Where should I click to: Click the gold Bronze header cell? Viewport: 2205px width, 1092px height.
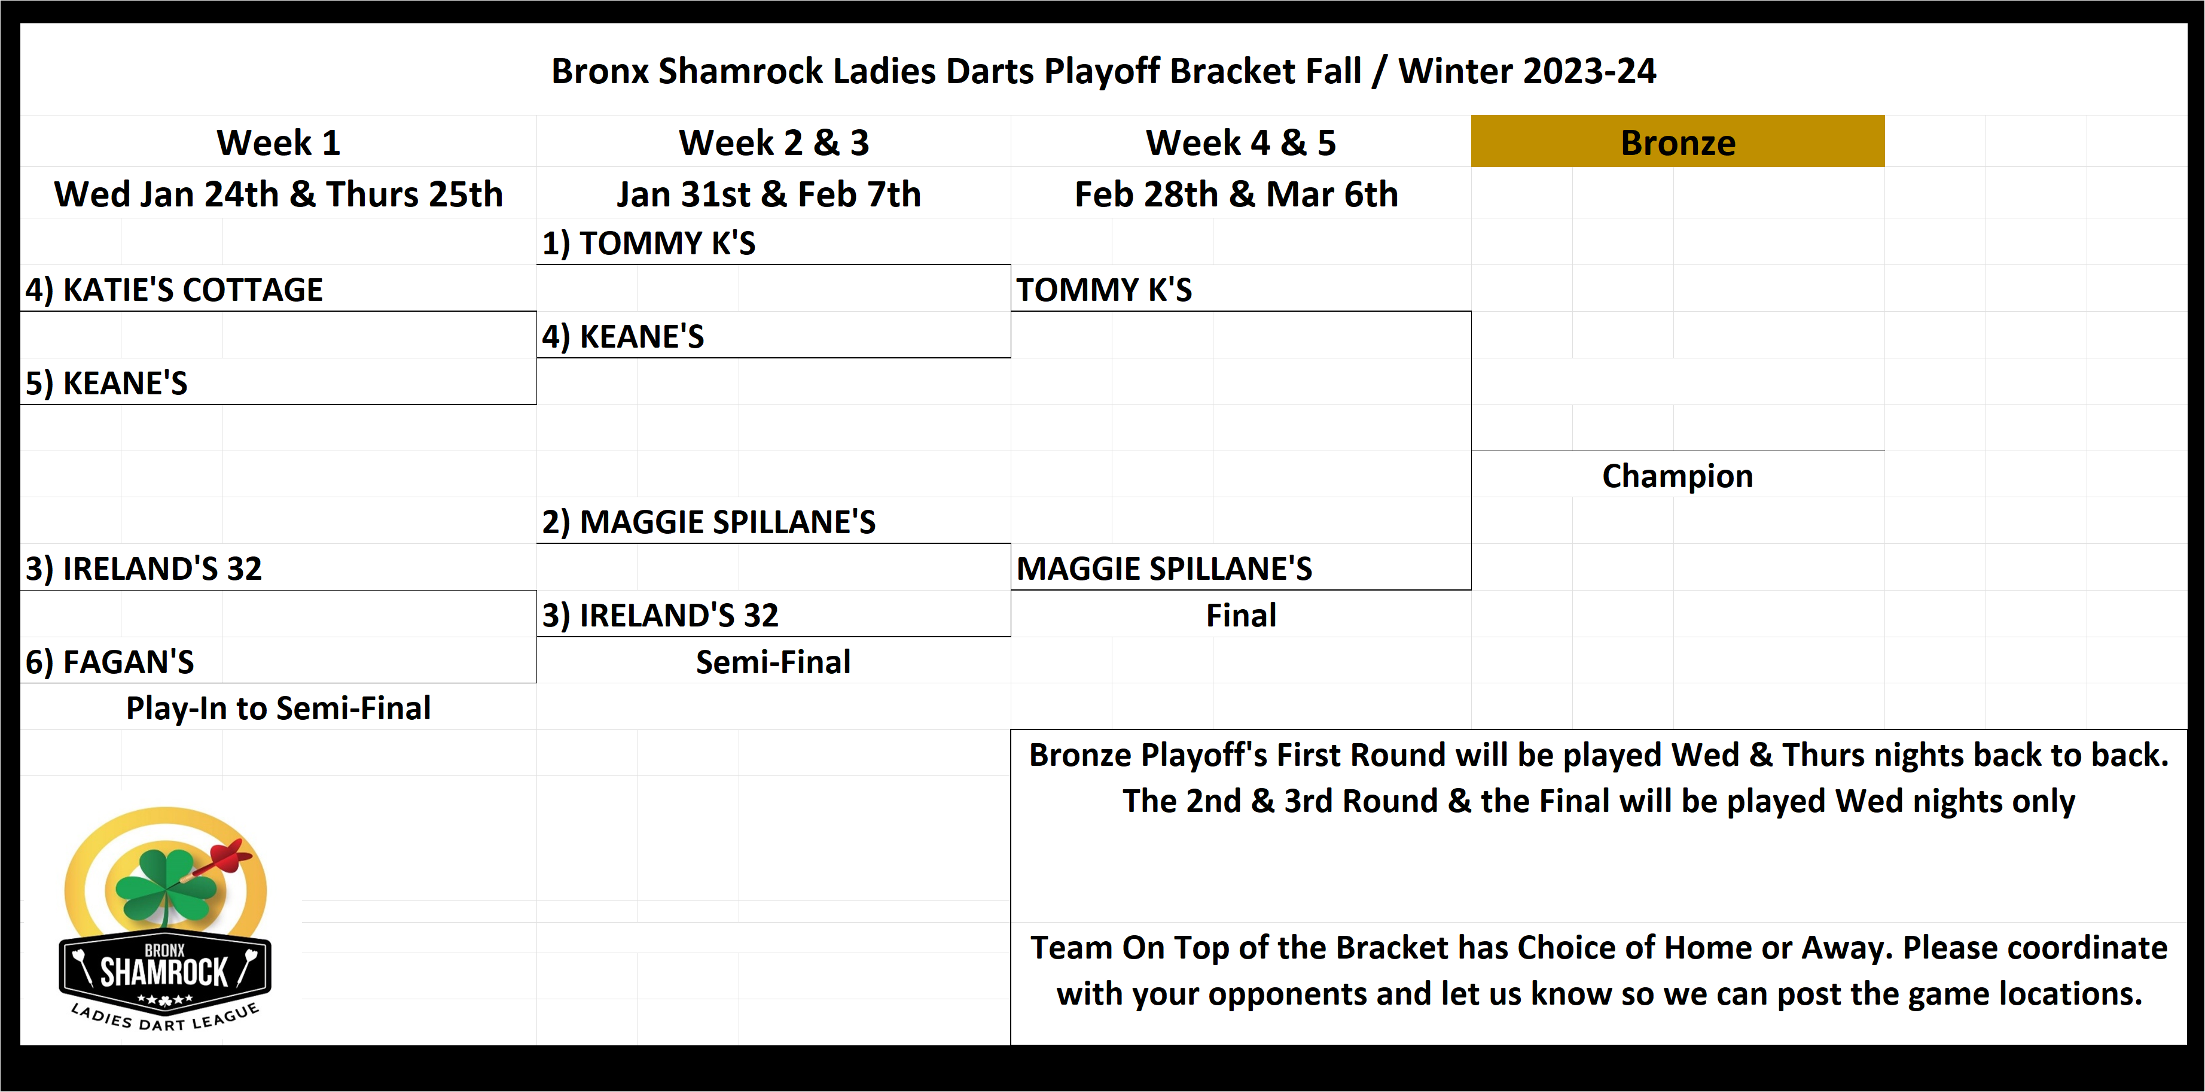1677,142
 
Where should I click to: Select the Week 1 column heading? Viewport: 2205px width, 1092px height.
278,142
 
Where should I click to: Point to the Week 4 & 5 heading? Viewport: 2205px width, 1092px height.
1240,142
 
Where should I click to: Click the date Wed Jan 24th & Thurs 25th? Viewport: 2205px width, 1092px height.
278,194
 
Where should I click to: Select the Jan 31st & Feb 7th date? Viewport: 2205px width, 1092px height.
768,194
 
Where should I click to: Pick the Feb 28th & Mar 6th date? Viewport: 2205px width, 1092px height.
1236,194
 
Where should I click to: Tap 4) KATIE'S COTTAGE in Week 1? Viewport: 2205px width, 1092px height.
174,290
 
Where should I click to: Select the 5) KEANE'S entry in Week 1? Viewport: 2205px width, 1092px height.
106,383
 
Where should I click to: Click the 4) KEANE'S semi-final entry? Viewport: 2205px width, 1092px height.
623,337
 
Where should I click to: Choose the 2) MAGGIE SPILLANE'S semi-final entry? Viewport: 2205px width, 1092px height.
708,522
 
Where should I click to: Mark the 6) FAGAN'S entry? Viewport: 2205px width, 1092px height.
109,662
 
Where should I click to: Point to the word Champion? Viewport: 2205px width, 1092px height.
1677,476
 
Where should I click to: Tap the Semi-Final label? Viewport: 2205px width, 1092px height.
773,662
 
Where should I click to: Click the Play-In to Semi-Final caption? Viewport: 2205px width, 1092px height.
278,708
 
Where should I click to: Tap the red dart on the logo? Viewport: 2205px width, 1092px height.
226,856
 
